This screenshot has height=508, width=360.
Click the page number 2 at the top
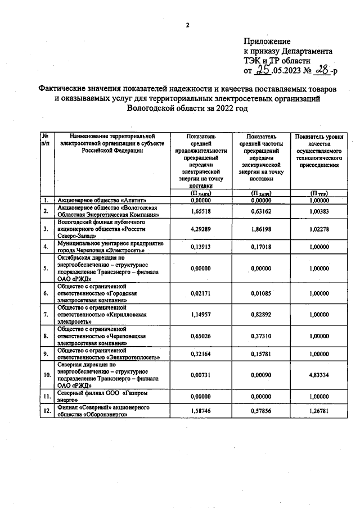[188, 25]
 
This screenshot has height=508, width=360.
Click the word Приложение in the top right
[267, 42]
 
